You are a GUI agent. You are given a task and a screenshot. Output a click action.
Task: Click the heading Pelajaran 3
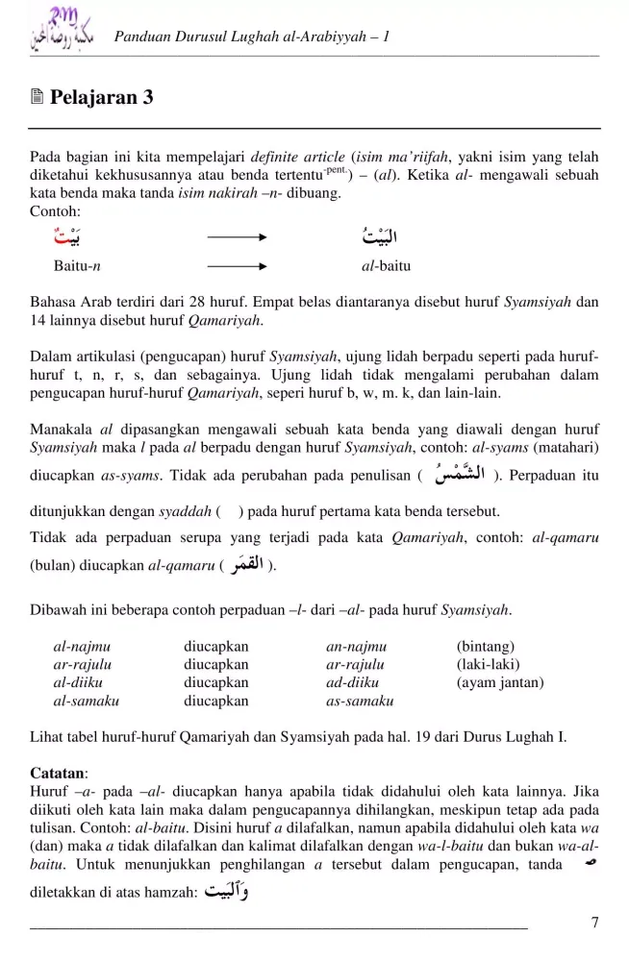pos(101,98)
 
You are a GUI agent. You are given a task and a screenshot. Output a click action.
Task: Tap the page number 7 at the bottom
pos(595,924)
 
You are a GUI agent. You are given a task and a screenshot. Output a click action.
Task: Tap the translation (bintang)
pos(486,646)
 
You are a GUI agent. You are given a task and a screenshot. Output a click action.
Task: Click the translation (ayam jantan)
pos(500,682)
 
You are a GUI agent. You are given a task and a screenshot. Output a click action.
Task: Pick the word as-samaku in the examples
pos(360,702)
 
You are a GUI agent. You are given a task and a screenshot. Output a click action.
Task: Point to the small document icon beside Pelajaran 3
pos(37,98)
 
